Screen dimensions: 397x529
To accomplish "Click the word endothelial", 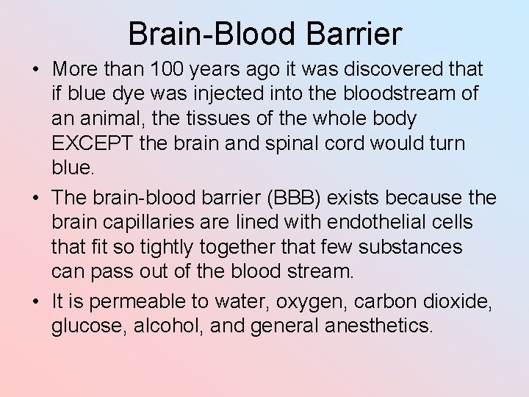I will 378,223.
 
